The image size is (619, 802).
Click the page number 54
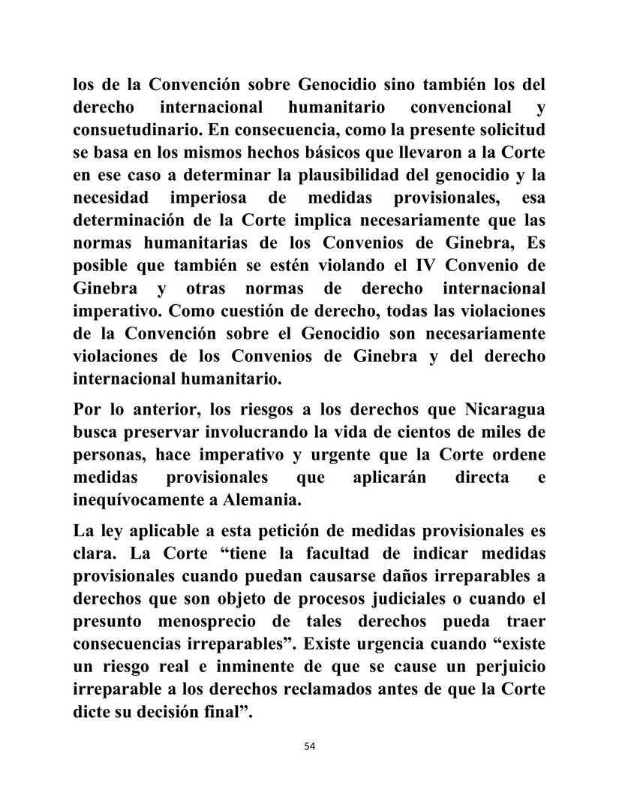pos(310,746)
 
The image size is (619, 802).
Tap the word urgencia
pos(420,646)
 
